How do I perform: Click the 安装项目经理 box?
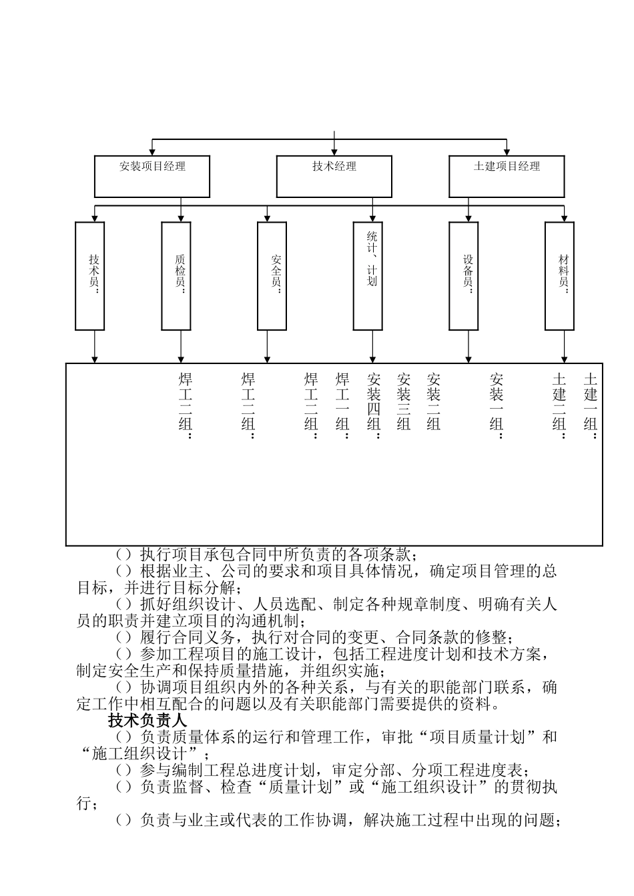[152, 177]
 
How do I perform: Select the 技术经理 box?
[334, 177]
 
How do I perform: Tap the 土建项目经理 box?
[507, 177]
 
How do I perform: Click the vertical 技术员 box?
[90, 276]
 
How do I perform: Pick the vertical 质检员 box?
[176, 276]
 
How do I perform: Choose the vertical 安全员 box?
[272, 276]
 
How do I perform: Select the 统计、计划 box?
[368, 276]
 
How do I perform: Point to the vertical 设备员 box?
[463, 276]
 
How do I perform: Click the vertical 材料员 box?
[559, 276]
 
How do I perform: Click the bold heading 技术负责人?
[147, 721]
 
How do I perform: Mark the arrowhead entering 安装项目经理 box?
[153, 151]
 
